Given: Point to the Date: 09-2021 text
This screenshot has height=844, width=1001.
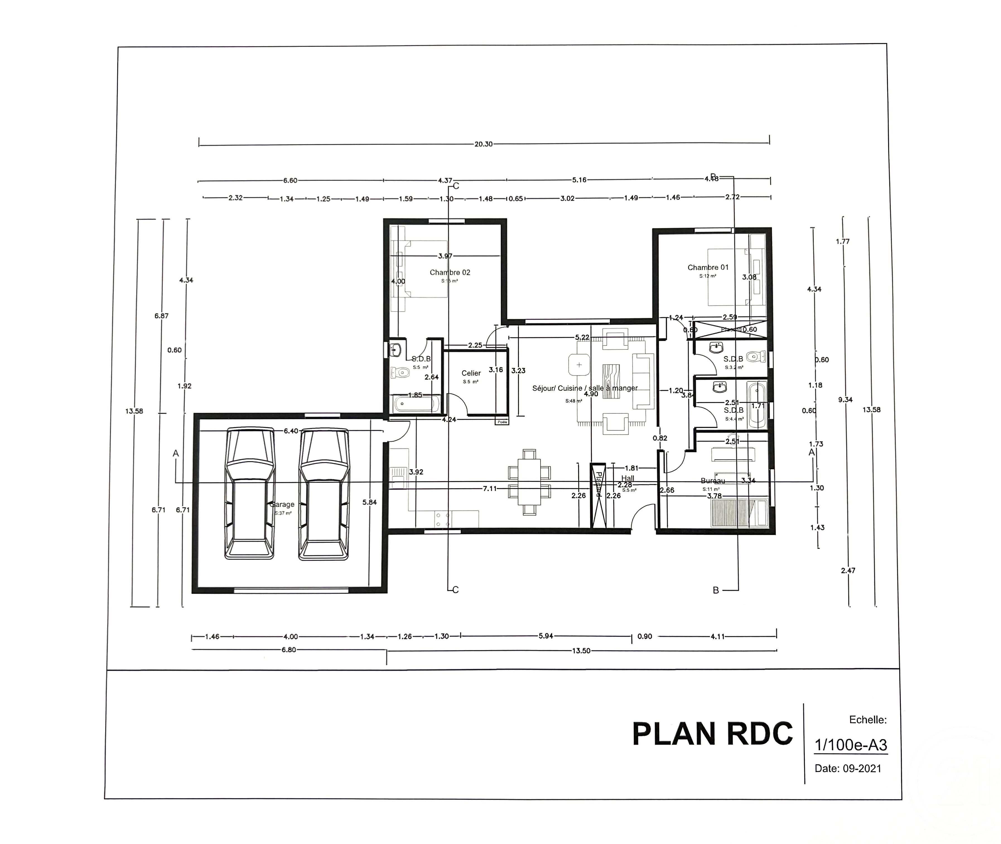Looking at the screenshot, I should pos(848,768).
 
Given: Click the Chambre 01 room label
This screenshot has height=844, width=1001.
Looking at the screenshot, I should pos(708,267).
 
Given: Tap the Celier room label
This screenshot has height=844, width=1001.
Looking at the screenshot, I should pos(471,373).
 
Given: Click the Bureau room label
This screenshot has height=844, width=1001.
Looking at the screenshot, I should pos(713,481).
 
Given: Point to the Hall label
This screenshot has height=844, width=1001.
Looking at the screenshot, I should pos(628,478).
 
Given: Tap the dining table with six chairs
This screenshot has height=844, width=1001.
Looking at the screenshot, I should pos(529,482).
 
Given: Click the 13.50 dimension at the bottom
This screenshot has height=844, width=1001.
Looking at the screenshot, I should pos(581,651).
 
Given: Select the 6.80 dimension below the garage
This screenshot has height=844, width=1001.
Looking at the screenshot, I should pos(289,650).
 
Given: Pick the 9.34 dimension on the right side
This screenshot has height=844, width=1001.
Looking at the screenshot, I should pos(845,399).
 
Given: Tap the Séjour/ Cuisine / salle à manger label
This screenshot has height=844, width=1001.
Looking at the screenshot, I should pos(585,388).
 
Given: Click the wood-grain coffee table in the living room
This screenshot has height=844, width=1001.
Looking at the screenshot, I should pos(611,381).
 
